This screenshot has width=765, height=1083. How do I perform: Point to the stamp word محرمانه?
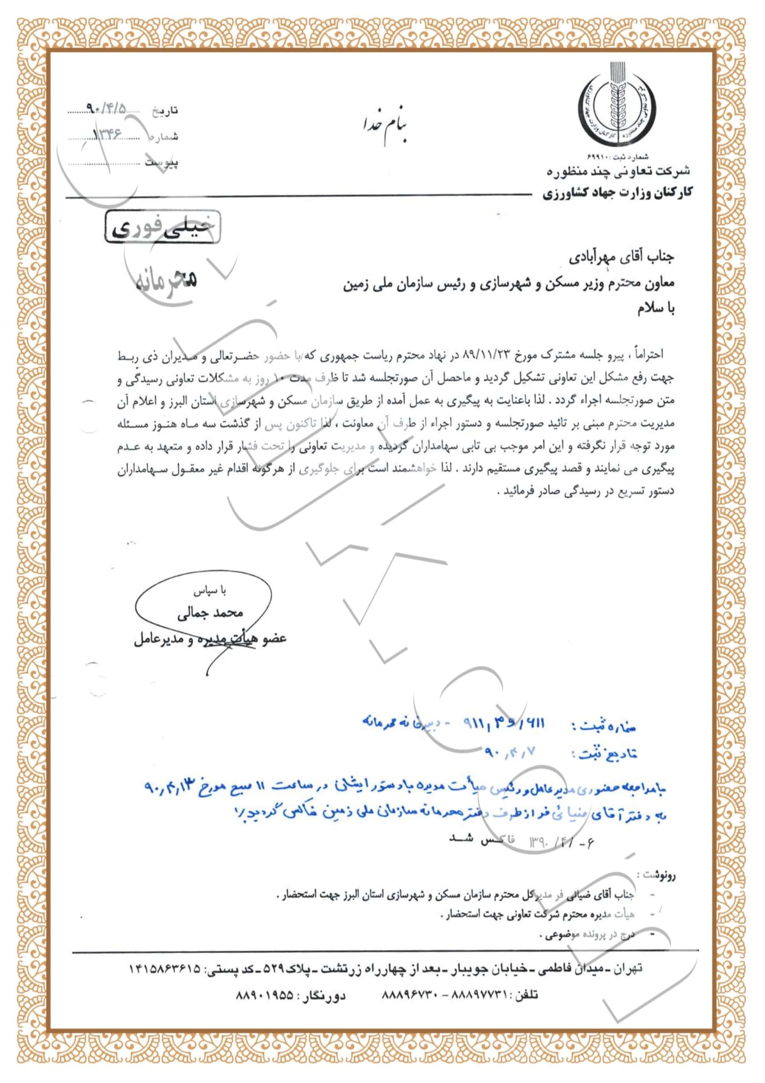point(167,282)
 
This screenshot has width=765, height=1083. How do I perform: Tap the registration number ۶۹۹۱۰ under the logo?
point(598,156)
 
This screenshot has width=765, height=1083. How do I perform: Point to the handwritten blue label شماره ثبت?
point(604,727)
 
